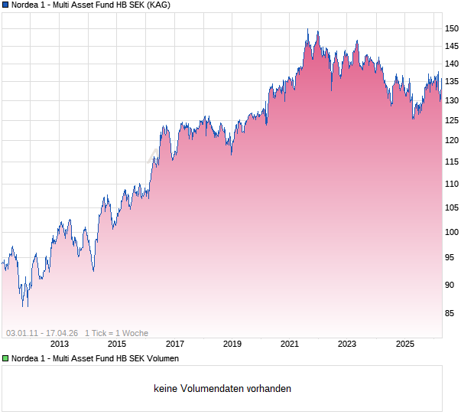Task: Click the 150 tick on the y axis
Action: pyautogui.click(x=453, y=28)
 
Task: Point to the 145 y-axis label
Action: pyautogui.click(x=453, y=45)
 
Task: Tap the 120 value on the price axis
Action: pyautogui.click(x=453, y=140)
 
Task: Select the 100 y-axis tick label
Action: pyautogui.click(x=453, y=232)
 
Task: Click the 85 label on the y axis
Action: pyautogui.click(x=455, y=313)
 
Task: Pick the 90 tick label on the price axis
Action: pyautogui.click(x=455, y=285)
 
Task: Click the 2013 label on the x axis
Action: pyautogui.click(x=59, y=345)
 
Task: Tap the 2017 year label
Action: pyautogui.click(x=175, y=345)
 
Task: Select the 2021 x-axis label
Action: pyautogui.click(x=290, y=345)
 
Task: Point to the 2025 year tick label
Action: pyautogui.click(x=405, y=345)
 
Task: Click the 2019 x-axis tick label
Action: pyautogui.click(x=232, y=345)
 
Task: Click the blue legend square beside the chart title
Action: pyautogui.click(x=5, y=5)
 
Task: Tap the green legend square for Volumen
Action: pyautogui.click(x=5, y=358)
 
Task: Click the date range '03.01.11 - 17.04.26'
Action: pyautogui.click(x=42, y=333)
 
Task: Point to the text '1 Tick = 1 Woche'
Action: pyautogui.click(x=116, y=333)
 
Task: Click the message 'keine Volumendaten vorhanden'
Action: pyautogui.click(x=222, y=389)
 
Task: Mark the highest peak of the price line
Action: pyautogui.click(x=308, y=30)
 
